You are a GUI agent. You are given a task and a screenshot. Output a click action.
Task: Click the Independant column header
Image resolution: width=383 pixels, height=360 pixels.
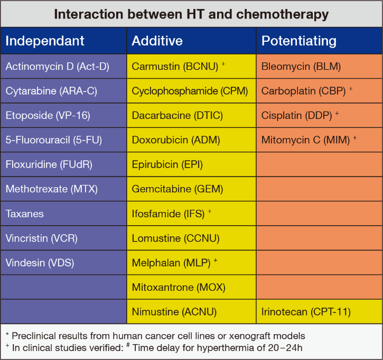(63, 41)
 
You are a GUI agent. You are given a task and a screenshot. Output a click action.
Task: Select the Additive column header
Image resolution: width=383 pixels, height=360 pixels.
(191, 41)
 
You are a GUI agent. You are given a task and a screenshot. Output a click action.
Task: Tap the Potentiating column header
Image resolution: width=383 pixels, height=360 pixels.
(320, 41)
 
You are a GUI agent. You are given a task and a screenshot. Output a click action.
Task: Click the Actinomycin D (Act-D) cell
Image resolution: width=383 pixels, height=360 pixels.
(63, 67)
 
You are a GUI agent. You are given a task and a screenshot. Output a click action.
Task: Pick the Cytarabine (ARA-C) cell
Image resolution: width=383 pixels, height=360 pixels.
(63, 91)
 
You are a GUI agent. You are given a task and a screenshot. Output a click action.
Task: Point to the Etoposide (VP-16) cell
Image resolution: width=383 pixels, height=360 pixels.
(63, 115)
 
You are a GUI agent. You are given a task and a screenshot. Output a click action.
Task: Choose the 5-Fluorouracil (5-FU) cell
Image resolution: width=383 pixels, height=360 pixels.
(63, 140)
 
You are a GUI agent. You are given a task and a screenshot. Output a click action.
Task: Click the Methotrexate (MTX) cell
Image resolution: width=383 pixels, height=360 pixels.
(63, 189)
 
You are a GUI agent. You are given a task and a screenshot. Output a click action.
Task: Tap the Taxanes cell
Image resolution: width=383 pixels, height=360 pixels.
(63, 214)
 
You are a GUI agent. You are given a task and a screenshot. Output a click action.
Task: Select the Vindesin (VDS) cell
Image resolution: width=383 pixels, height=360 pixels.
(63, 263)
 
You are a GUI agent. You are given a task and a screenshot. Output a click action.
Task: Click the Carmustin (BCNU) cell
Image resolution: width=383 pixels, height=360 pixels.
(191, 67)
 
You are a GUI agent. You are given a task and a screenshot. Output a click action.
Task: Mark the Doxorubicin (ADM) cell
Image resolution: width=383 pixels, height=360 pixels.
(191, 140)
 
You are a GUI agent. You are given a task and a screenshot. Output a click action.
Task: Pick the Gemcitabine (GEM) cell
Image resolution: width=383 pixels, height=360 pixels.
(191, 189)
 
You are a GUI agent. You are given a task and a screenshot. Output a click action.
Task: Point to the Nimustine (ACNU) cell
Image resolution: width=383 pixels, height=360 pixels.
(191, 311)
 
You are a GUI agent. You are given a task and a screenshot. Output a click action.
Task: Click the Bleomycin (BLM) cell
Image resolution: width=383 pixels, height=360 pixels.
(320, 67)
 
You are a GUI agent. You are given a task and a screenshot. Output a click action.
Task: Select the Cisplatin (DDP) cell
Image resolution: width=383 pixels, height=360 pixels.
(320, 115)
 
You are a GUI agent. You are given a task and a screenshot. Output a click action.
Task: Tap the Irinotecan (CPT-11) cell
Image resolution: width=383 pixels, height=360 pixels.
(320, 311)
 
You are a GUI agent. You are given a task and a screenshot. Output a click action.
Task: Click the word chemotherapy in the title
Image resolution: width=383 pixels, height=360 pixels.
(282, 15)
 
